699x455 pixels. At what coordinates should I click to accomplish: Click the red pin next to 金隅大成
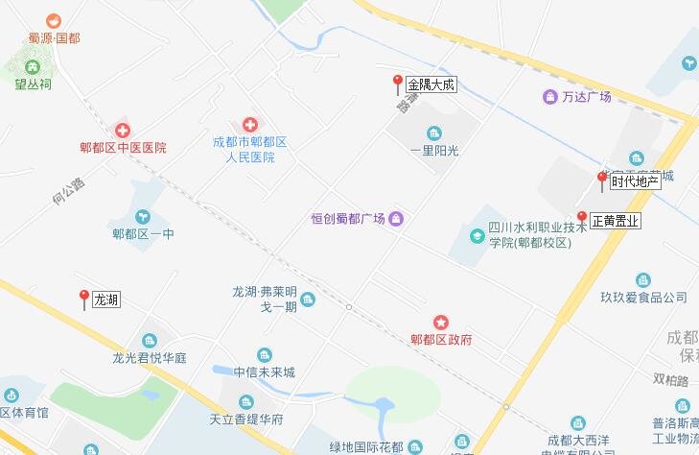pos(397,83)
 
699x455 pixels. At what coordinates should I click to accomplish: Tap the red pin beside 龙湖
pos(84,298)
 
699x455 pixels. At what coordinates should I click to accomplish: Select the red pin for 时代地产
pos(602,179)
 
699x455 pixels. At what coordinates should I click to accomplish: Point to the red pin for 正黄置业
pos(581,218)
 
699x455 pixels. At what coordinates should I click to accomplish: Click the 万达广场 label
pos(586,96)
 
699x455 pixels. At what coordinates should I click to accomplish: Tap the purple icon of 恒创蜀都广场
pos(396,220)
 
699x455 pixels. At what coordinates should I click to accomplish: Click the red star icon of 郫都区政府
pos(441,321)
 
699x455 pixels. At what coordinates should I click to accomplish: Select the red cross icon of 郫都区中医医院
pos(123,130)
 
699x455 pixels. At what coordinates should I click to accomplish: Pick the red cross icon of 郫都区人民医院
pos(250,125)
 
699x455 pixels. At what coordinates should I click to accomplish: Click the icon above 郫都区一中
pos(143,216)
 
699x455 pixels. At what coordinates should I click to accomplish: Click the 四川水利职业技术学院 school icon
pos(478,235)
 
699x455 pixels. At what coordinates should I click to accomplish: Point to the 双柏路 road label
pos(671,381)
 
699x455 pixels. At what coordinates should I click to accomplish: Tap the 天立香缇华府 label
pos(246,419)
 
